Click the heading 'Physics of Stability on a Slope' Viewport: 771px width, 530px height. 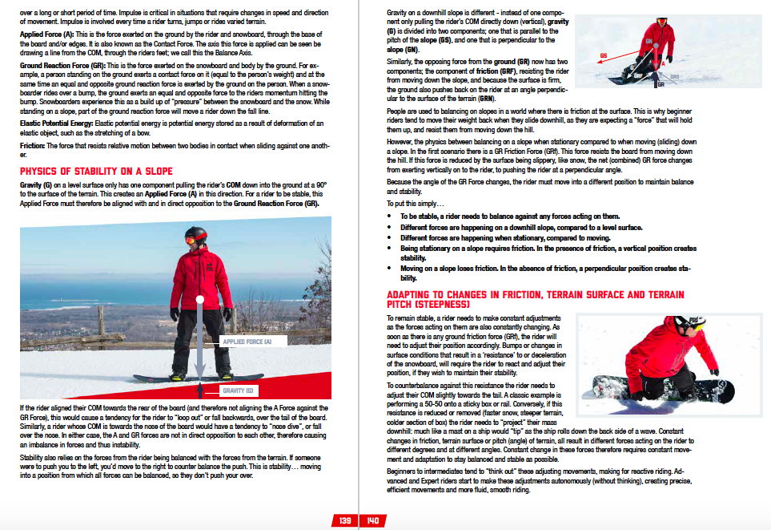pyautogui.click(x=96, y=171)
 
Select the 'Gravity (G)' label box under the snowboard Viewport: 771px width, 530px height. pyautogui.click(x=239, y=390)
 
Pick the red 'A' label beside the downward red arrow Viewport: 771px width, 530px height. pyautogui.click(x=661, y=67)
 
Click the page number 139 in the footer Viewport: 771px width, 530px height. pyautogui.click(x=345, y=520)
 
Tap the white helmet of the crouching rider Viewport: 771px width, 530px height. pyautogui.click(x=688, y=324)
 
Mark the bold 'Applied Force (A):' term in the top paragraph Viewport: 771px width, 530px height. pyautogui.click(x=46, y=36)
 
